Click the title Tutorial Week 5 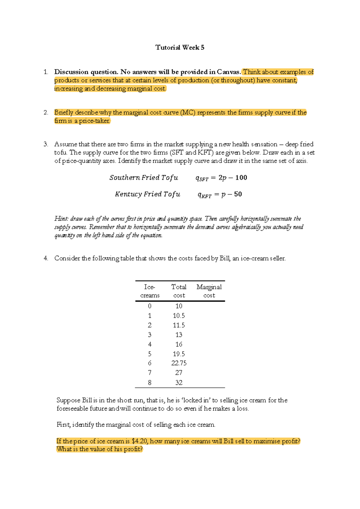tap(180, 47)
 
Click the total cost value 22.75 tap(179, 363)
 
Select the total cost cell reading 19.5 tap(179, 354)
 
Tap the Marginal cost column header tap(209, 291)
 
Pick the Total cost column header tap(179, 291)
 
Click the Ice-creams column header tap(150, 291)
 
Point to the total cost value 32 tap(179, 383)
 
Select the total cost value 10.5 tap(179, 316)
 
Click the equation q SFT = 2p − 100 tap(221, 178)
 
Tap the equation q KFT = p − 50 tap(220, 194)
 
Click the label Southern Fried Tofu tap(144, 178)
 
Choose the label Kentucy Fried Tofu tap(147, 194)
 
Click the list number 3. tap(46, 144)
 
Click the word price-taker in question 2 tap(94, 121)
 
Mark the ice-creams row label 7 tap(150, 373)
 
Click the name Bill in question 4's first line tap(224, 258)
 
